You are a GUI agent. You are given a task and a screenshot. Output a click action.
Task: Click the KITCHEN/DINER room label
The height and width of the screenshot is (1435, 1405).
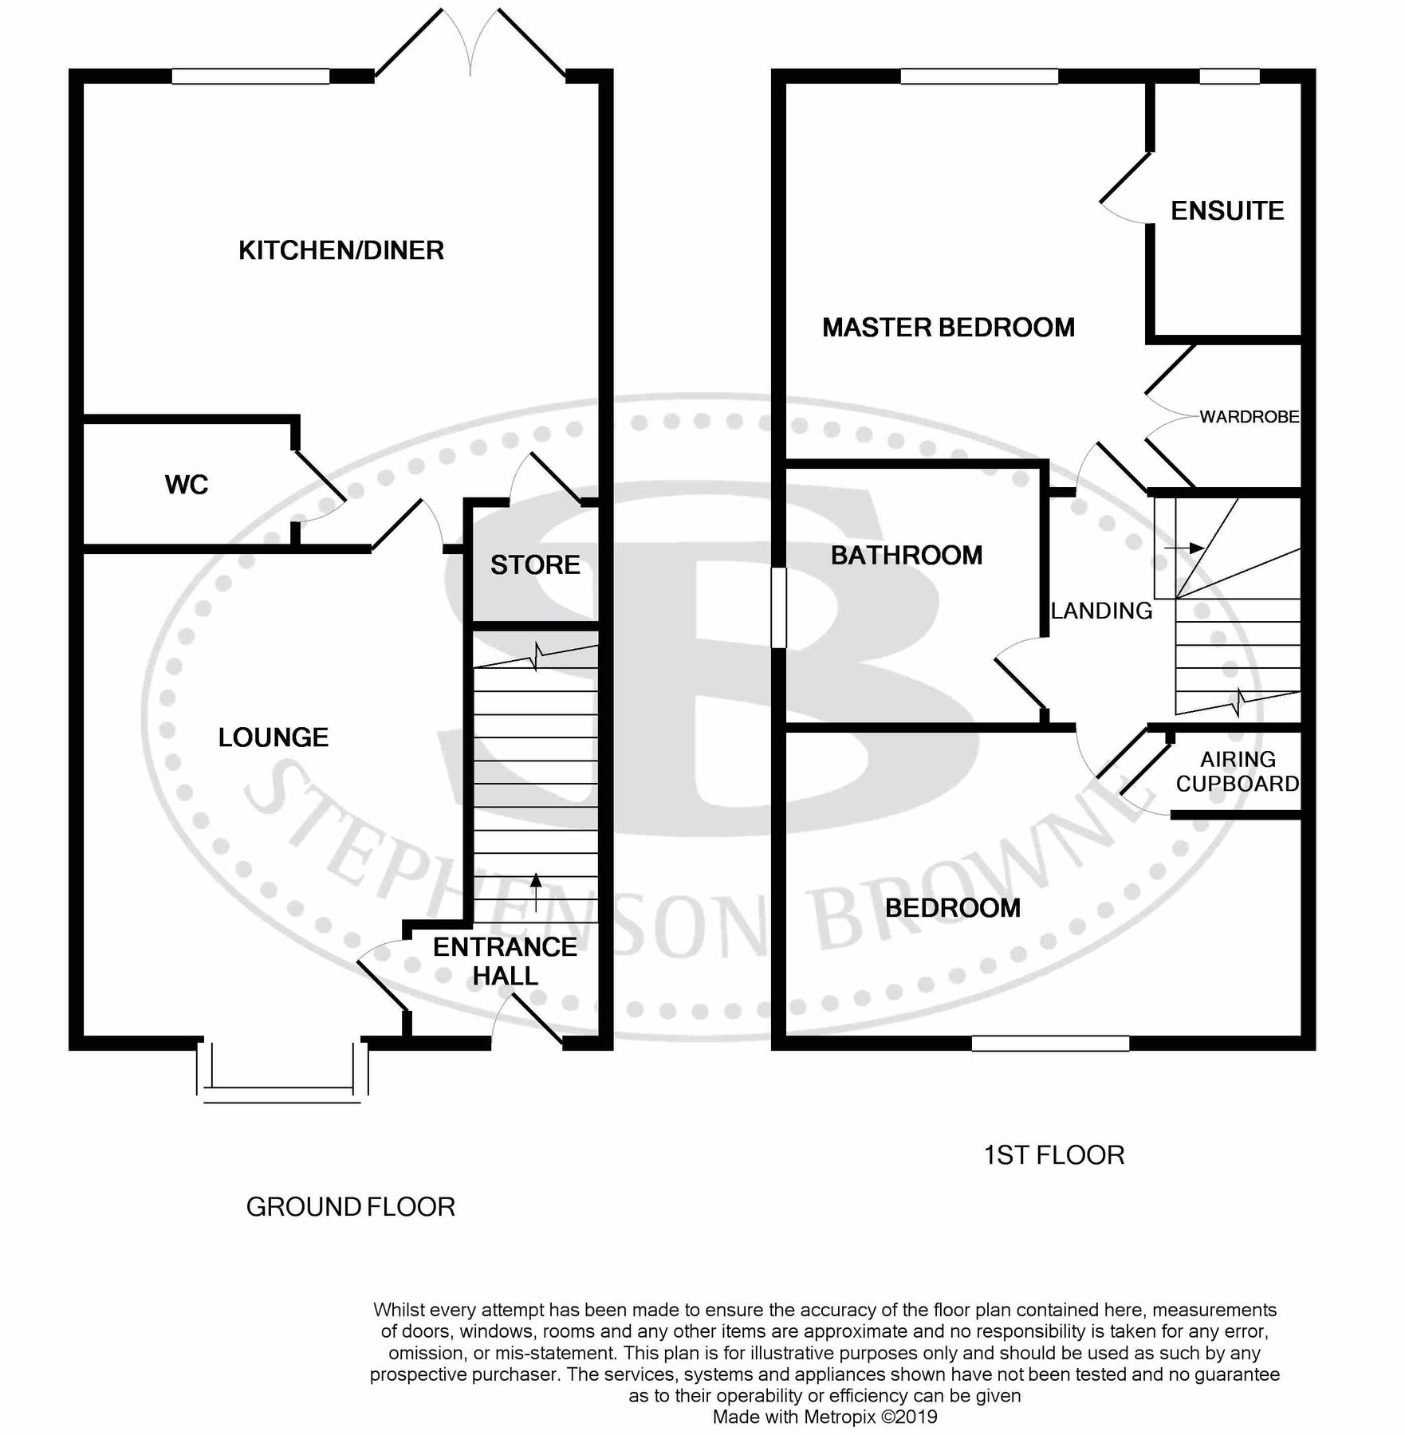[x=341, y=250]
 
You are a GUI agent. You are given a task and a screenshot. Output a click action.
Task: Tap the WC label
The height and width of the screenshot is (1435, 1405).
[x=187, y=485]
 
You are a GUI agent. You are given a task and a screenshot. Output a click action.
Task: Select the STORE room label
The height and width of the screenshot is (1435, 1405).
[x=535, y=565]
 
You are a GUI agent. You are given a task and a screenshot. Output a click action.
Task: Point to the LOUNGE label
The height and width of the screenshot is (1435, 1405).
[x=274, y=737]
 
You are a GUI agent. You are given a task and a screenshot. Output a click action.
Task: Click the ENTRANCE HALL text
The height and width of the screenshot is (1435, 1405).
[x=505, y=961]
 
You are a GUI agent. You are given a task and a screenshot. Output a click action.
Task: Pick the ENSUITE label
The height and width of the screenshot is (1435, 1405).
[x=1227, y=210]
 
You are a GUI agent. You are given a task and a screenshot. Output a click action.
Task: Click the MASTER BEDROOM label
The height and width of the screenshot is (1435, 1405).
[x=948, y=328]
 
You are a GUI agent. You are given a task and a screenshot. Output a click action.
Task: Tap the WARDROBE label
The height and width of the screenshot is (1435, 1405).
[x=1249, y=417]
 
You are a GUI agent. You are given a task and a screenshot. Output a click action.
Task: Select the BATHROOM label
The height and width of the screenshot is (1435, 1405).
[x=907, y=556]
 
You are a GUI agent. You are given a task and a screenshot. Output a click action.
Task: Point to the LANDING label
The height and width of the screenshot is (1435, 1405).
[x=1101, y=611]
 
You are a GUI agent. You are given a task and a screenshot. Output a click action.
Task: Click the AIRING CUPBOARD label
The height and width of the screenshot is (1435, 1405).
[x=1238, y=772]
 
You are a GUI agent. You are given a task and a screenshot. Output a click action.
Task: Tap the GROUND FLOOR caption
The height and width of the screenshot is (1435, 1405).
[x=350, y=1207]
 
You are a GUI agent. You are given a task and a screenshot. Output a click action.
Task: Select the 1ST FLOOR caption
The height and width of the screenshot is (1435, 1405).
[x=1053, y=1155]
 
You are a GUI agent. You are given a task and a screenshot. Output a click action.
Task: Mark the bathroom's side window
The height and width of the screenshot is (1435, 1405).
[x=779, y=607]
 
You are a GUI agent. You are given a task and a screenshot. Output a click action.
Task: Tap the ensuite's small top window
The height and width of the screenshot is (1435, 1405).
[x=1230, y=77]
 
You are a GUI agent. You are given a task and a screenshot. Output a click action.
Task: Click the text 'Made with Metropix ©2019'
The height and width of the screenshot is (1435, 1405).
[x=825, y=1417]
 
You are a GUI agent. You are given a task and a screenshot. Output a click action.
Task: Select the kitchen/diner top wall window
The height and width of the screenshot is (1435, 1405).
[x=250, y=77]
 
